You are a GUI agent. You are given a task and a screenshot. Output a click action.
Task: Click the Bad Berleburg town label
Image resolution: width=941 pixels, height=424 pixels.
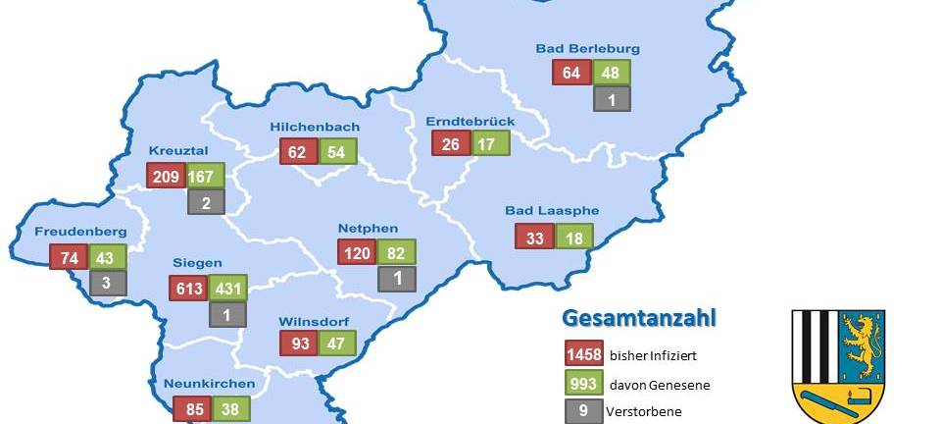(587, 48)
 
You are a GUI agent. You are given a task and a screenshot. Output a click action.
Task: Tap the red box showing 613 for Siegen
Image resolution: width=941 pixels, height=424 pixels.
(187, 289)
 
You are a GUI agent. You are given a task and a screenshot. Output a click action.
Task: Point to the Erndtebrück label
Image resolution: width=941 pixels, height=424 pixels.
(464, 122)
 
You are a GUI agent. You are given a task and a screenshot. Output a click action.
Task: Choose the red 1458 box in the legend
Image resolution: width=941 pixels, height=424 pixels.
(583, 354)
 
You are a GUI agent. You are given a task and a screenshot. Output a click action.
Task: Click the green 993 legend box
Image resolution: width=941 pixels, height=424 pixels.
(583, 384)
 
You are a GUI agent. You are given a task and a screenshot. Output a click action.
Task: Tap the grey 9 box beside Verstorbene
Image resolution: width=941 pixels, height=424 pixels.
(583, 411)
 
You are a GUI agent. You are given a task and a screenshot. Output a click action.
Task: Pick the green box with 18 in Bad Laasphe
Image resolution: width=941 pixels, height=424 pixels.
(574, 237)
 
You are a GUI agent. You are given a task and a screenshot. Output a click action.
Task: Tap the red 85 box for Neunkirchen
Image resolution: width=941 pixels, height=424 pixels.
(192, 408)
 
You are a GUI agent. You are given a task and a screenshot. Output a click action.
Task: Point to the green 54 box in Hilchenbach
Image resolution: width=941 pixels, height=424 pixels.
(337, 151)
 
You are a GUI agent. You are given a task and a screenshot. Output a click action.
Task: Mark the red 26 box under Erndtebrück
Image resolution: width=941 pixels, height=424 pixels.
(451, 143)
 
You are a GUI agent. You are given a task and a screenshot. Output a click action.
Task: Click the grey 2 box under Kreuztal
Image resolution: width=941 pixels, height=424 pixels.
(206, 202)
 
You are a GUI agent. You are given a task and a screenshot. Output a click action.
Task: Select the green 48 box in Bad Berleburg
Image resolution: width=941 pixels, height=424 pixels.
(611, 73)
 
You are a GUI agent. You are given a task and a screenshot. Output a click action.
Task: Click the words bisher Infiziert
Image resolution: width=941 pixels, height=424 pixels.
(653, 355)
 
